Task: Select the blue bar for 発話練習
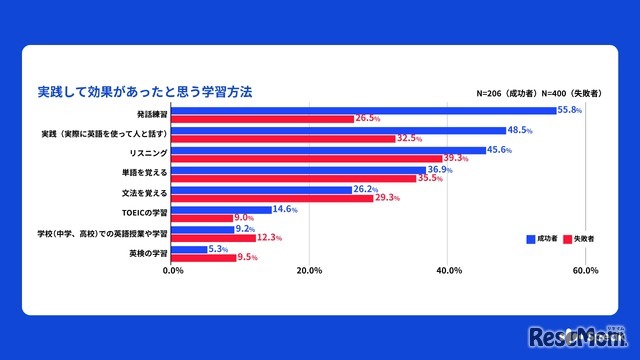coord(365,110)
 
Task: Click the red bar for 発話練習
coord(264,119)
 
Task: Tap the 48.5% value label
coord(520,130)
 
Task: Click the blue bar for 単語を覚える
coord(300,170)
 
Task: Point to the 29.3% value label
coord(388,198)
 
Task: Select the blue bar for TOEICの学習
coord(223,209)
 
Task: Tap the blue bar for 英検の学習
coord(191,249)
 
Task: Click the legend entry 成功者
coord(540,240)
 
